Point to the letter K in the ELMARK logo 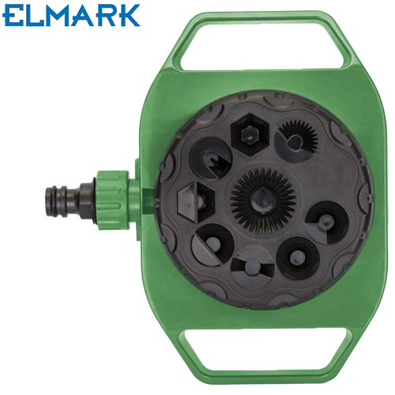(x=128, y=16)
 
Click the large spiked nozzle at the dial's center (x=263, y=200)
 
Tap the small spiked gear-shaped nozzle (x=296, y=140)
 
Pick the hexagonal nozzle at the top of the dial (x=250, y=134)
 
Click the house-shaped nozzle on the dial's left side (x=197, y=202)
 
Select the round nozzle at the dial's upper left (x=211, y=158)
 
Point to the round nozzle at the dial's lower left (x=213, y=245)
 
